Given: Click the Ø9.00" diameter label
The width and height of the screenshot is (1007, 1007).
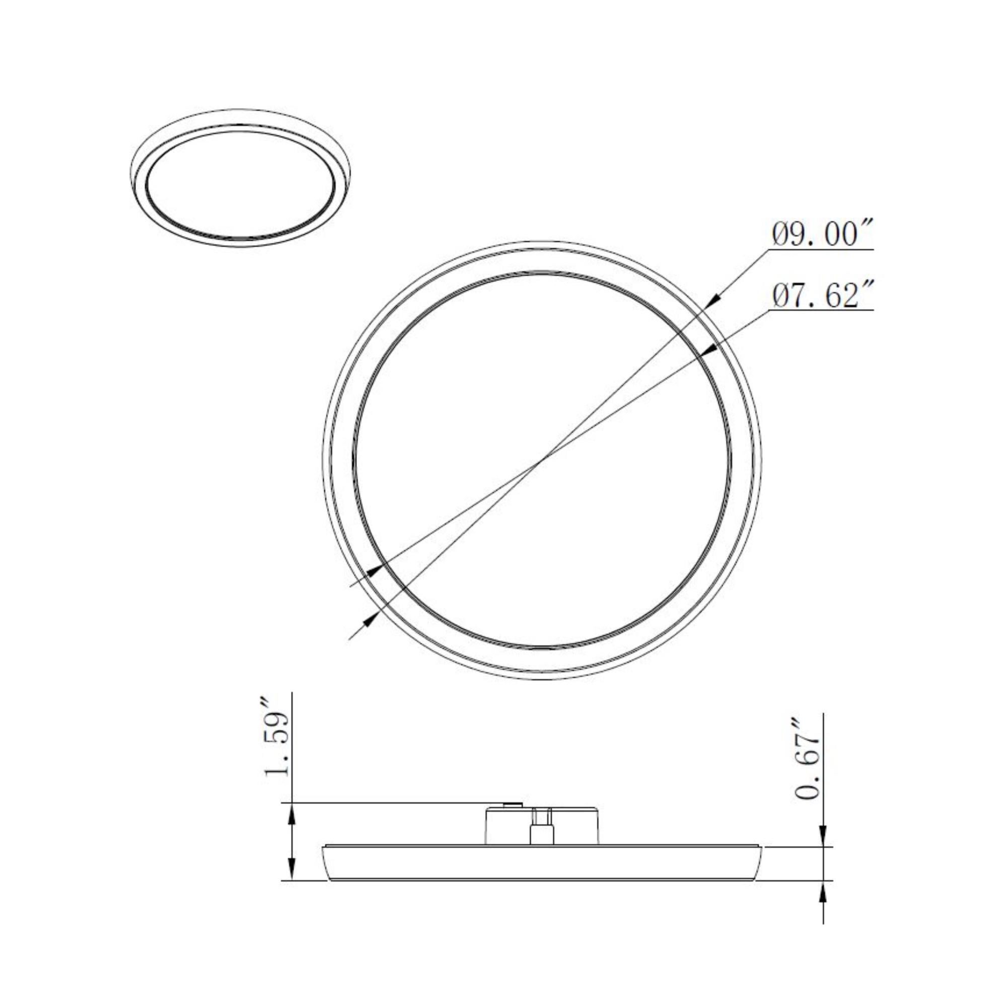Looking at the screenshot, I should [822, 234].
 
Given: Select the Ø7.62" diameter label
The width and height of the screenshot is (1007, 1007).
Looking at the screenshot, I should [822, 296].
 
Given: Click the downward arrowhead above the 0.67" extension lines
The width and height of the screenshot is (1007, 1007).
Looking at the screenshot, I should [823, 839].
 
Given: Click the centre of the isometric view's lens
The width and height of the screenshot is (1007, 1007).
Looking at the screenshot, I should [240, 184].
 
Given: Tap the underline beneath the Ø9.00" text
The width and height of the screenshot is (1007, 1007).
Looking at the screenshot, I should [822, 249].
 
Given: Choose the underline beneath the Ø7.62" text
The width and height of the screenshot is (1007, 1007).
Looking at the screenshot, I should [822, 311].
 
